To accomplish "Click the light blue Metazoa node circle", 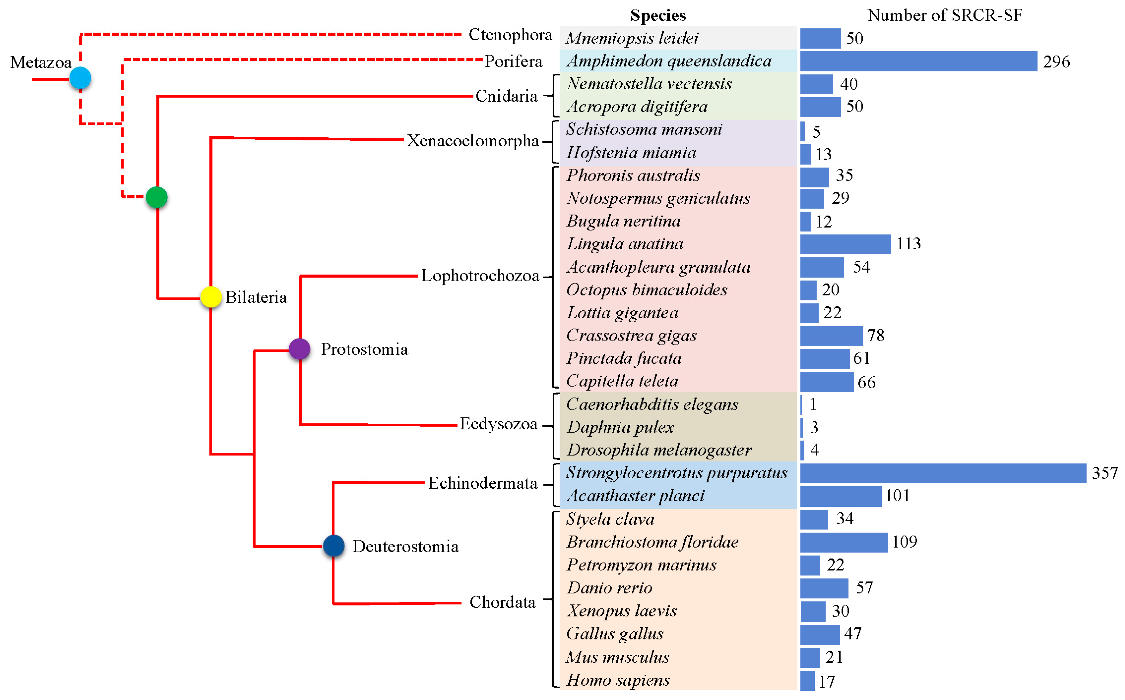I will pos(80,78).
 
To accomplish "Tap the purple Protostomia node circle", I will pos(299,349).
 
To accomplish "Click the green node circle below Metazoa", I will pos(156,197).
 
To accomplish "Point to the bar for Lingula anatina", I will pos(845,244).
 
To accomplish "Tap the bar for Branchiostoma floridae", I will pos(844,542).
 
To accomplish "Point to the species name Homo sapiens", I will pos(618,680).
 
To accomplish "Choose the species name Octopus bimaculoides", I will pos(646,290).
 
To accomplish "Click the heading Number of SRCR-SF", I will pos(945,15).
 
